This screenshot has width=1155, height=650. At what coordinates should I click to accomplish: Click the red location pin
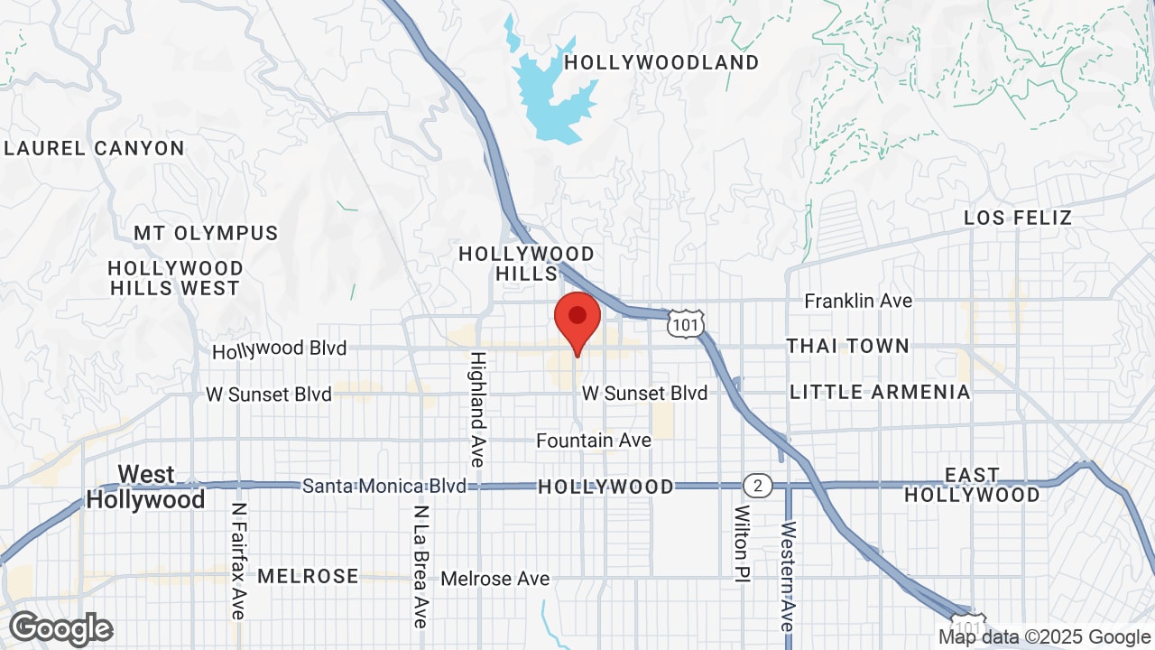577,318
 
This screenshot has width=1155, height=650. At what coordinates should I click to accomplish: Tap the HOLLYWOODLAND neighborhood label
661,62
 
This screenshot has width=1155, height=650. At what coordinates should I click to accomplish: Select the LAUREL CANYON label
94,148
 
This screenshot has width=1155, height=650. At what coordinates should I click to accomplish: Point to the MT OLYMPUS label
206,233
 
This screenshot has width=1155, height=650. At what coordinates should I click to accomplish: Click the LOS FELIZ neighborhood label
1018,218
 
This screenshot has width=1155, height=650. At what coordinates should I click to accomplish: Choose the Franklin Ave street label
858,301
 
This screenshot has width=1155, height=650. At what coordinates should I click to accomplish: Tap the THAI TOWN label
847,346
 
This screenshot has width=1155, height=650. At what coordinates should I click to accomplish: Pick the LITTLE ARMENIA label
880,392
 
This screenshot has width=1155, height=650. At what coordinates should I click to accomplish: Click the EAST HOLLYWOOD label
972,485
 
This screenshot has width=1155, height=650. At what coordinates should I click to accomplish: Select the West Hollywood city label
145,487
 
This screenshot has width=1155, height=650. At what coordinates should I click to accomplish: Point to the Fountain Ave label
593,441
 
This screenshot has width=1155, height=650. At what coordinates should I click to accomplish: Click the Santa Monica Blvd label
383,486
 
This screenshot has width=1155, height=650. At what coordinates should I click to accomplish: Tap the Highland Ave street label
476,409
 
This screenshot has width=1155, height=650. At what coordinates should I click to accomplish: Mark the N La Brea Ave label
420,566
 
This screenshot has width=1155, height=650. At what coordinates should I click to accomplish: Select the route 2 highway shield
758,486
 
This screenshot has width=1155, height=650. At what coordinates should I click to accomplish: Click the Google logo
61,628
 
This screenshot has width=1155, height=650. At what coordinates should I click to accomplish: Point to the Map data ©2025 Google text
1044,636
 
